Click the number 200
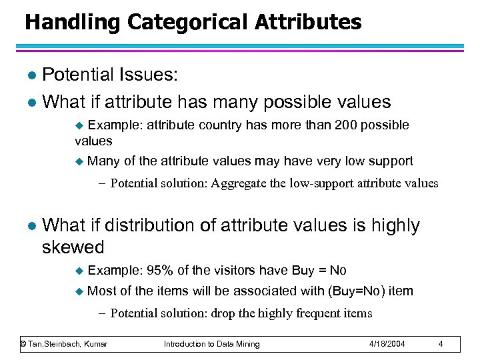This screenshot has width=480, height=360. point(349,125)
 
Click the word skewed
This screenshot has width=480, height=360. point(73,247)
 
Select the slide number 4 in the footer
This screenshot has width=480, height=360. point(441,344)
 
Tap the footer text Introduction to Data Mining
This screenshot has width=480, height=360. point(212,344)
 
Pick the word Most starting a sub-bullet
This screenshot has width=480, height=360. point(101,291)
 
